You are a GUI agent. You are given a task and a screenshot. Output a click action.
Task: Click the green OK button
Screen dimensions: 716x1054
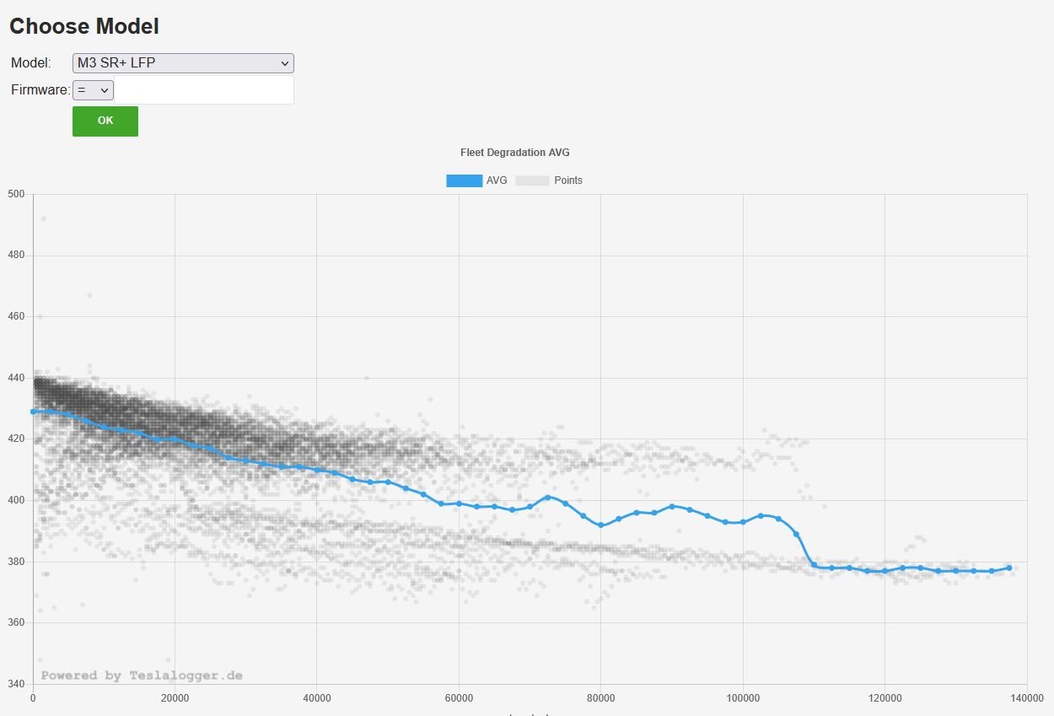coord(105,121)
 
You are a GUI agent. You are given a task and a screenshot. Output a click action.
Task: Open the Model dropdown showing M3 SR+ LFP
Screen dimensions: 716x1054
coord(183,63)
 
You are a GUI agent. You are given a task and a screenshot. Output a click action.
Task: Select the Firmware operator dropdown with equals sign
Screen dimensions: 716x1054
coord(93,90)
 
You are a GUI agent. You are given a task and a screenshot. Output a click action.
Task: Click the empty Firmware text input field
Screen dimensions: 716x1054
coord(203,90)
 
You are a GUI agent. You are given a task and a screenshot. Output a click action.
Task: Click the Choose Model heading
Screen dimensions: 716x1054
coord(84,26)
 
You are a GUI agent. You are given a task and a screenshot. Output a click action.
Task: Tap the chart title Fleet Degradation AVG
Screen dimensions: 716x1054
coord(514,153)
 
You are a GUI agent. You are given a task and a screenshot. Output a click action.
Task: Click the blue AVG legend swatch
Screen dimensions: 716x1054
coord(464,180)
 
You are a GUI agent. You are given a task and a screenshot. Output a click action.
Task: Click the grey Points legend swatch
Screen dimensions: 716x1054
coord(532,180)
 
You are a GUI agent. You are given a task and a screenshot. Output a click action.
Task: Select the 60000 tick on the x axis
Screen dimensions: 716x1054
coord(459,698)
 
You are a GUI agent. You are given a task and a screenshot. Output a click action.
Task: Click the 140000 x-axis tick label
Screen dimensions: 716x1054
coord(1026,698)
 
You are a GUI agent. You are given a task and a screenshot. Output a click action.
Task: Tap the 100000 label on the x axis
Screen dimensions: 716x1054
coord(743,698)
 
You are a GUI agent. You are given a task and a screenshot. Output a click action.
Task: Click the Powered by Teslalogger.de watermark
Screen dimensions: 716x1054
coord(142,676)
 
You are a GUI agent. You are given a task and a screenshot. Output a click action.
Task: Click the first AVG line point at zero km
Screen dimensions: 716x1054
coord(33,412)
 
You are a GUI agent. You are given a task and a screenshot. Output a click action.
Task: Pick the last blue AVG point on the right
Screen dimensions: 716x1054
coord(1008,568)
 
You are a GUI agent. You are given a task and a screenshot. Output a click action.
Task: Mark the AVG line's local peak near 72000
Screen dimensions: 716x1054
coord(547,497)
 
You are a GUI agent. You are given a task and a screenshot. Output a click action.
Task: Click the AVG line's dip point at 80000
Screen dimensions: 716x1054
coord(600,525)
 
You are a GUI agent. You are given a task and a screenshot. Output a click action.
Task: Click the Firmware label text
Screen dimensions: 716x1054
coord(40,90)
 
